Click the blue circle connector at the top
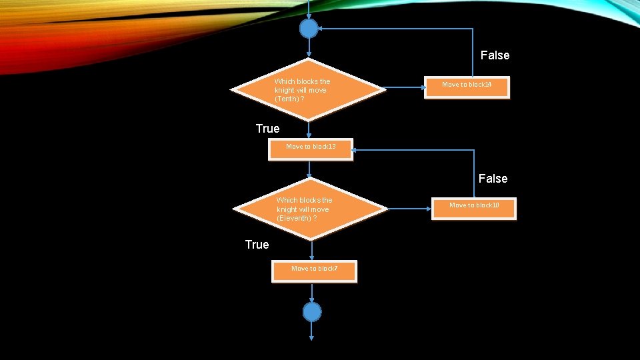point(309,29)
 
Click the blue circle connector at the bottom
point(312,312)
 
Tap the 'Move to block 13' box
point(311,149)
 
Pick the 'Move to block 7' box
point(314,271)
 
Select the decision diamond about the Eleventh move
point(311,209)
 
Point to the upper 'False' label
point(495,55)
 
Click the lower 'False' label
point(493,179)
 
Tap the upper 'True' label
point(267,129)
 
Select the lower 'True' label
point(257,245)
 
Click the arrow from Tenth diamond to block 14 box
point(405,87)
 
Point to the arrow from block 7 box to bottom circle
point(312,293)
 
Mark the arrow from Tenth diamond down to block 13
point(309,129)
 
